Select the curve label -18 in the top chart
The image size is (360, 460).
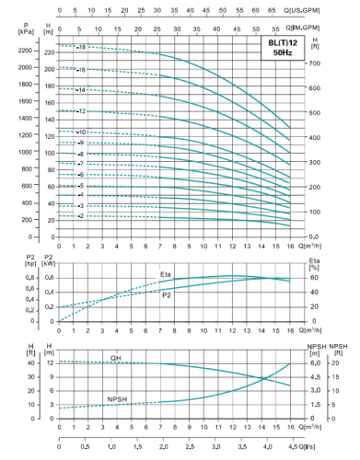(81, 46)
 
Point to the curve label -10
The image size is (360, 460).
(81, 132)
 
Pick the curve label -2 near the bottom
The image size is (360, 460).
(81, 216)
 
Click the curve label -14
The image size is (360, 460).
(81, 90)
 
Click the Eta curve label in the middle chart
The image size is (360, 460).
(166, 273)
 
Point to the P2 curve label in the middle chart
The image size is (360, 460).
(166, 295)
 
